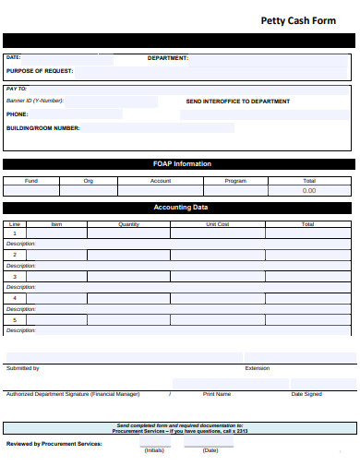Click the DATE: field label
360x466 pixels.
(13, 57)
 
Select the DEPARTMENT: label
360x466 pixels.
(168, 57)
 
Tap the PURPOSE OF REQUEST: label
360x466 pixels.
(40, 70)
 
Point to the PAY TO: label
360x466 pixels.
(17, 89)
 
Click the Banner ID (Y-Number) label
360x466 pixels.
(35, 101)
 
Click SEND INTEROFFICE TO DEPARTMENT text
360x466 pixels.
(237, 102)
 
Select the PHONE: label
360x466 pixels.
(17, 114)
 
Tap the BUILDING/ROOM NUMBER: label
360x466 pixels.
(43, 128)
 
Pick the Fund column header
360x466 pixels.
(30, 181)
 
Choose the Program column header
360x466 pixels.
(235, 181)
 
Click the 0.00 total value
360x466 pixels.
(309, 191)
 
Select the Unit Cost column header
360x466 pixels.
(218, 224)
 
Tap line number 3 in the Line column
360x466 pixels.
(15, 277)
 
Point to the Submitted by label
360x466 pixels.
(23, 368)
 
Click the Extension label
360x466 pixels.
(258, 368)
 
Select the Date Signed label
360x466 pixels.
(306, 394)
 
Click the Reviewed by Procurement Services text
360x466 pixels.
(54, 443)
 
